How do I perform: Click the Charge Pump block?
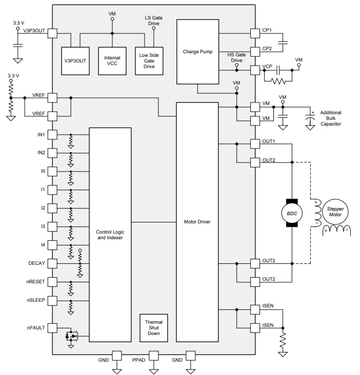click(x=197, y=52)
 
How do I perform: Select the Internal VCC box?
click(x=112, y=61)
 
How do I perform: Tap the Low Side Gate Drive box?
click(x=149, y=61)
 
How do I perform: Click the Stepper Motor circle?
click(x=335, y=211)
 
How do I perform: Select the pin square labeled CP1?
click(x=255, y=33)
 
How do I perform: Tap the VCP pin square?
click(x=255, y=70)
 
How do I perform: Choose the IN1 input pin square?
click(x=52, y=135)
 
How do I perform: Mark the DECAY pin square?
click(x=52, y=263)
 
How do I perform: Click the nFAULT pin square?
click(x=52, y=328)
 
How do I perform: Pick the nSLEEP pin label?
click(x=36, y=300)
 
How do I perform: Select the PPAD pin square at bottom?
click(x=154, y=355)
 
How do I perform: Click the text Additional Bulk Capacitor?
click(x=330, y=118)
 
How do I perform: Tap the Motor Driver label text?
click(x=197, y=222)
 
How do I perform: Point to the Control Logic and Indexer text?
click(x=110, y=235)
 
